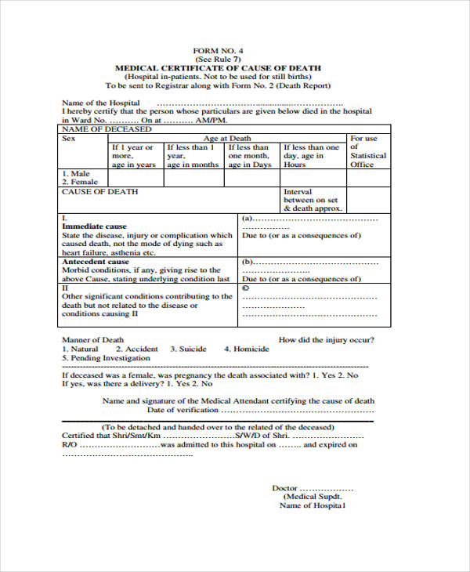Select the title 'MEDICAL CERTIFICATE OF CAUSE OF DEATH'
click(218, 68)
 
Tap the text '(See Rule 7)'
click(218, 59)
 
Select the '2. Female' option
click(80, 182)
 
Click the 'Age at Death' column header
click(227, 138)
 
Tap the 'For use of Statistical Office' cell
click(368, 151)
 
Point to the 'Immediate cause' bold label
click(94, 226)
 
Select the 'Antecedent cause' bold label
click(96, 261)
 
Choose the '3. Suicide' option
click(189, 349)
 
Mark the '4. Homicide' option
click(246, 349)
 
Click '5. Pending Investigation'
click(106, 358)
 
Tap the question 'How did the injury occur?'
click(327, 340)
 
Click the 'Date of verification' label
click(183, 410)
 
